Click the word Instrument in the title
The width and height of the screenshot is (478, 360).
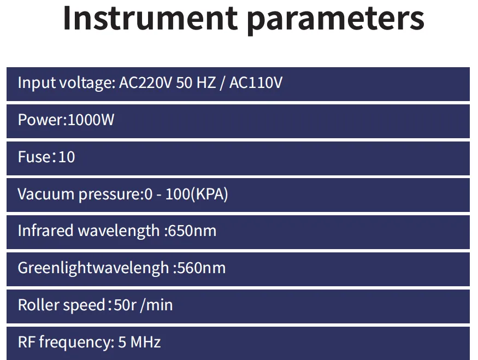click(150, 18)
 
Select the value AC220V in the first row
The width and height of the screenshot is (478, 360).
click(145, 82)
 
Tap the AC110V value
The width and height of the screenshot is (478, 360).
click(256, 82)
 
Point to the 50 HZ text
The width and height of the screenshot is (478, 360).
click(196, 82)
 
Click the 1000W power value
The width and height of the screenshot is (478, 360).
click(91, 120)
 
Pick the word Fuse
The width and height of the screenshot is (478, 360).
click(34, 157)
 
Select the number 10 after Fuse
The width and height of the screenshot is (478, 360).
click(67, 157)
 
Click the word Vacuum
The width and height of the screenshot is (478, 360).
click(46, 194)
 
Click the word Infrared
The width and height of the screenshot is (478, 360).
click(46, 231)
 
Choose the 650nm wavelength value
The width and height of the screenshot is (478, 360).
click(192, 231)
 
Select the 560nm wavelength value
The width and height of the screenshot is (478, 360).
click(202, 268)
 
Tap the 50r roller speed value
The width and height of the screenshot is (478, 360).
click(125, 305)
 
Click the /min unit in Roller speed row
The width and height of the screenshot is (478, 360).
click(156, 305)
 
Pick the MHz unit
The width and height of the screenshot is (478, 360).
click(145, 342)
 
